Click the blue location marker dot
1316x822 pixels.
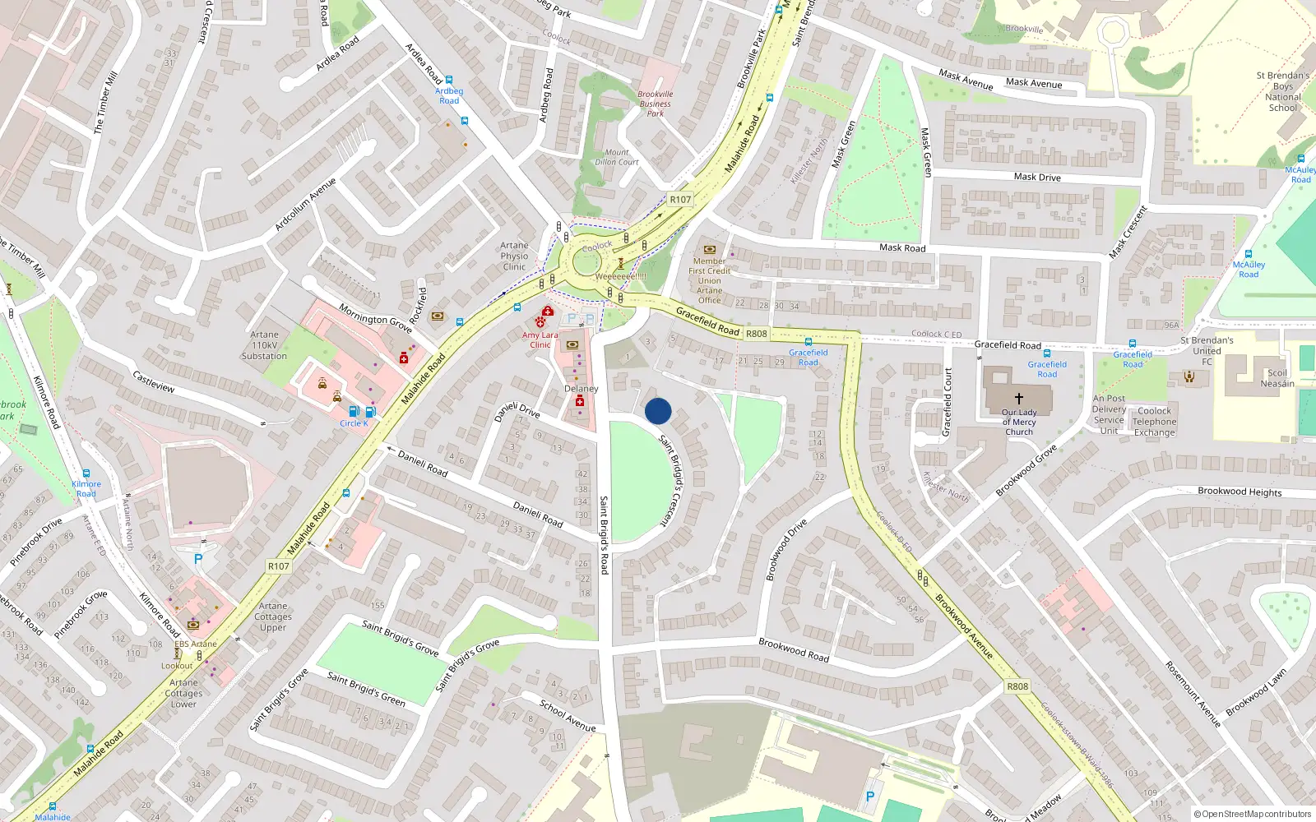658,411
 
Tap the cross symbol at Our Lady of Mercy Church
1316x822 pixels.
1018,399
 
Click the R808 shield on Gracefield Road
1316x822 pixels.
756,334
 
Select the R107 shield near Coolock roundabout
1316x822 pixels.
680,200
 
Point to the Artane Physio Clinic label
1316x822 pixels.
514,256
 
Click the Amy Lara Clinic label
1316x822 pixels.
540,339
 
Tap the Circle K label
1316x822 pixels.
354,423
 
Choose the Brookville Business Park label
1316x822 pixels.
655,104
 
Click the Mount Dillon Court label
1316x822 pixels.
617,157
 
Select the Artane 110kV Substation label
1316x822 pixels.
264,345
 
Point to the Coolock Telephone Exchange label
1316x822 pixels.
1154,422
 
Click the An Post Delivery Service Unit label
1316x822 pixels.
1109,414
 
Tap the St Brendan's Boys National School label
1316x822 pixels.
1283,91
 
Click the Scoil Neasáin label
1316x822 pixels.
1277,378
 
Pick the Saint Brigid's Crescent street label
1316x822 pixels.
677,481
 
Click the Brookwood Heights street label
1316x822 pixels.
1240,492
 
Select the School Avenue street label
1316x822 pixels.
568,715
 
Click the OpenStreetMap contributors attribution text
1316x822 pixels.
1253,815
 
